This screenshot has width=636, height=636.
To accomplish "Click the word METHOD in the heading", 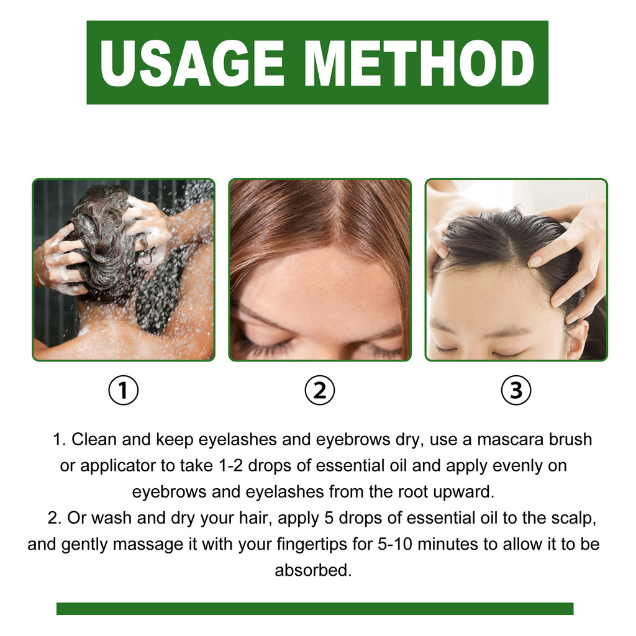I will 419,63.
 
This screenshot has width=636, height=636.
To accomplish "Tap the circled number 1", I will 123,391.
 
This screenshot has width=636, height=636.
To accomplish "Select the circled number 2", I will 319,391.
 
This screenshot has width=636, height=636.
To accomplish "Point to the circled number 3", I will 516,391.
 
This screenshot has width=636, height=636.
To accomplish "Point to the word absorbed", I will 313,570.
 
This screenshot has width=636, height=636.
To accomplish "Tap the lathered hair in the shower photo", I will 99,242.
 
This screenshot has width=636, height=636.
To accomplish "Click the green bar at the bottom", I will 314,609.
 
